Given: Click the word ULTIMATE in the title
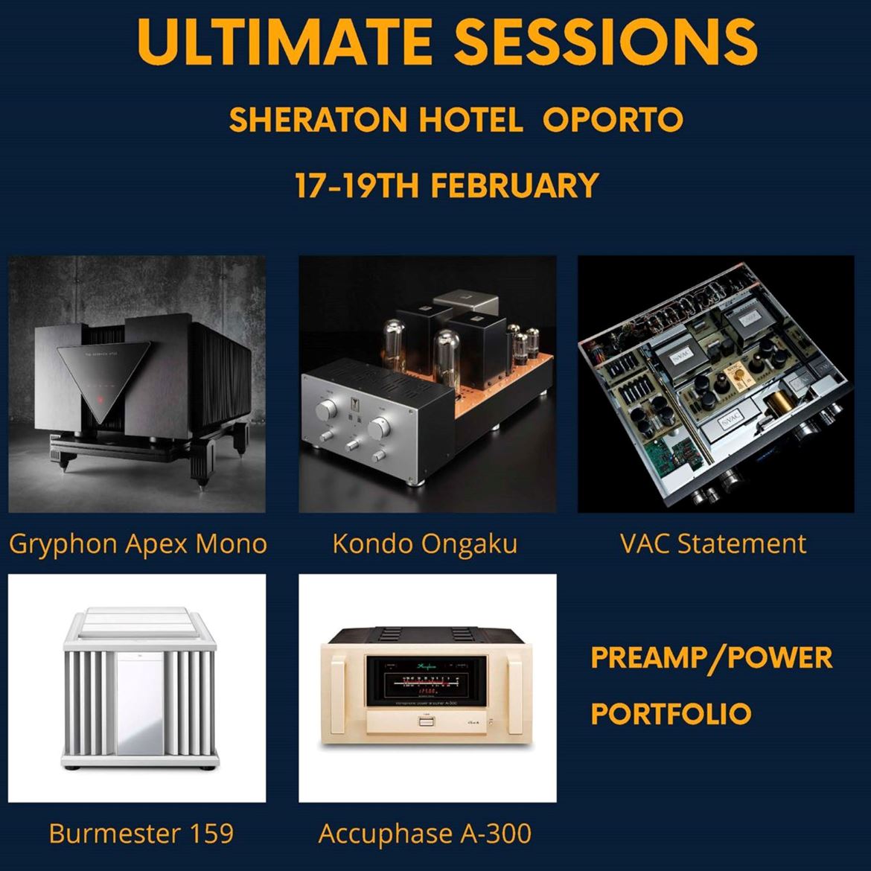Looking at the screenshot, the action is (x=284, y=42).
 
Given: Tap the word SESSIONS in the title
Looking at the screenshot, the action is (x=605, y=42).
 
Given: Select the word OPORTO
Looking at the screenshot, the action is (x=613, y=119).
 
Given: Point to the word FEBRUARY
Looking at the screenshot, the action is (x=515, y=185).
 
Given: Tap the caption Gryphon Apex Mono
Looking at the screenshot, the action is (x=138, y=544).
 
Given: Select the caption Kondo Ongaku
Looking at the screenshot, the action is (x=425, y=544).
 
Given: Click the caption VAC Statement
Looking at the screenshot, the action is (x=713, y=543).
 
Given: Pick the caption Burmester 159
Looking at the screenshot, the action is (x=141, y=833).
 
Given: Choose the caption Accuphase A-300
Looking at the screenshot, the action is (x=425, y=834).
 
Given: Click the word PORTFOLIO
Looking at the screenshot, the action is (x=671, y=713).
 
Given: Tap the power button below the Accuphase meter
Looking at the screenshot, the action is (x=426, y=722).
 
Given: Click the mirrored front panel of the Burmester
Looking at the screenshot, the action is (x=140, y=702).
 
